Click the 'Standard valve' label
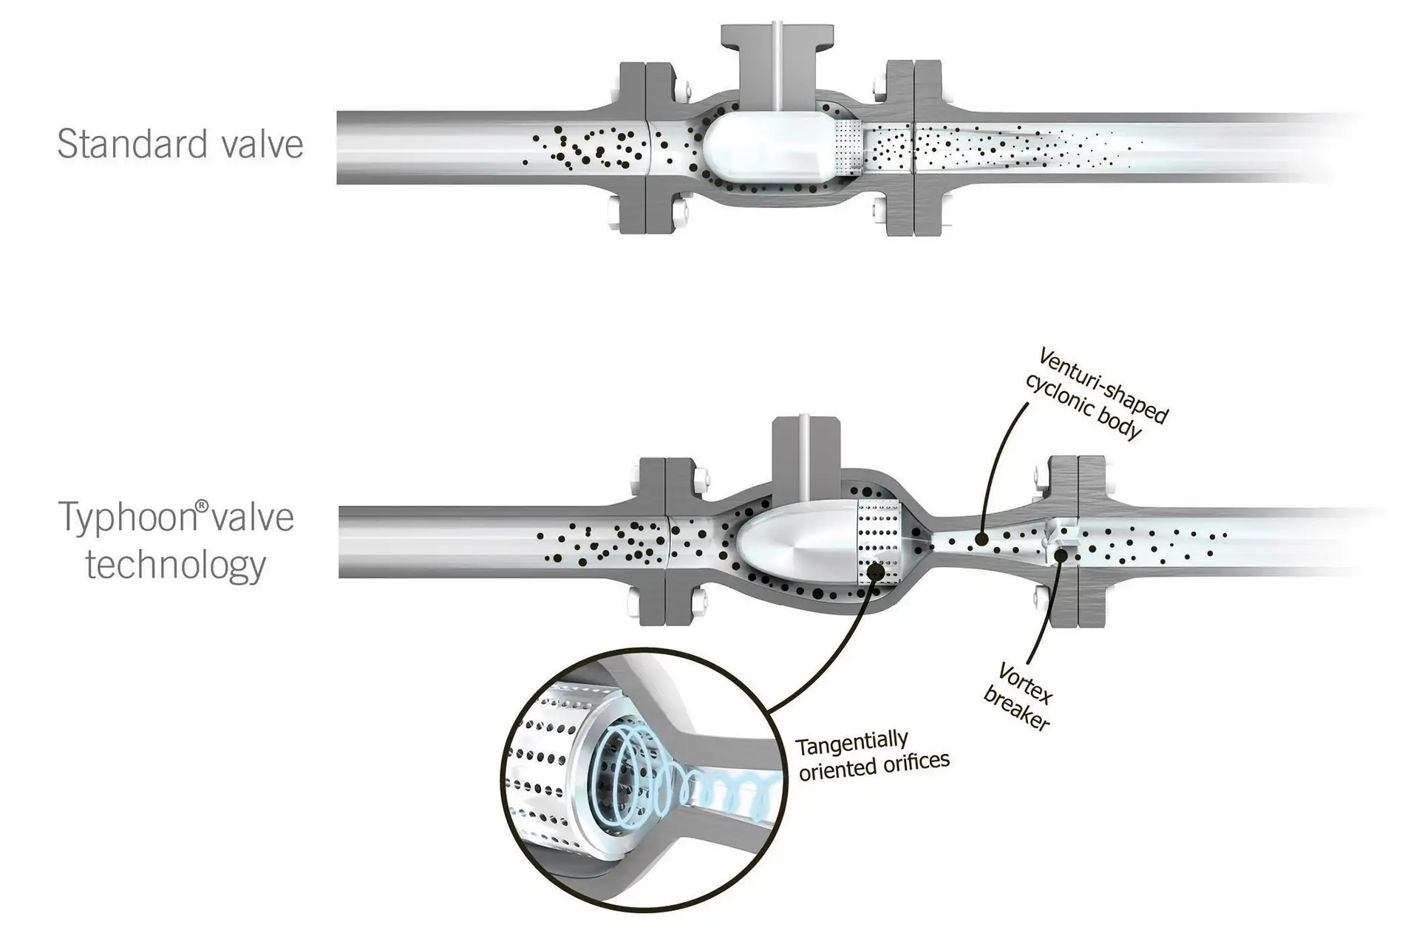click(180, 144)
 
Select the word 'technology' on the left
click(175, 566)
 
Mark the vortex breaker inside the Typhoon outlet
click(1059, 540)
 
